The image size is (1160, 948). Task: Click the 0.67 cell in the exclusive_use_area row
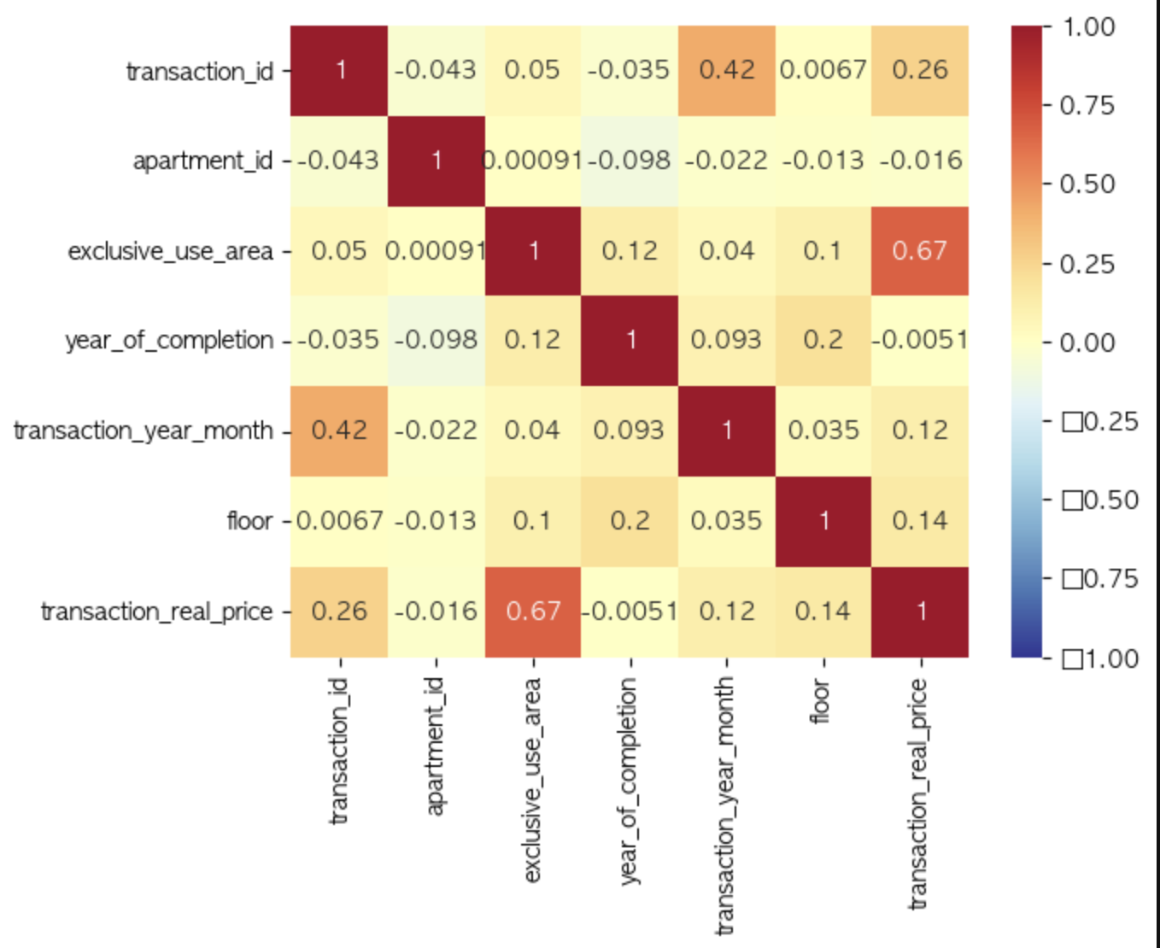click(x=920, y=250)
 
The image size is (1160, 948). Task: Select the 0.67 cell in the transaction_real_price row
click(x=533, y=612)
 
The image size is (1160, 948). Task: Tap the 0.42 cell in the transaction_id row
click(x=727, y=70)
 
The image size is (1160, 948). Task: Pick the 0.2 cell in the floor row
click(x=630, y=521)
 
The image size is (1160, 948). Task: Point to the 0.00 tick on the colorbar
click(x=1087, y=343)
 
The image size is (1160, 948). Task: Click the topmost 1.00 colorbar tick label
click(x=1088, y=27)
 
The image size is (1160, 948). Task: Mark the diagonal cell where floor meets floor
click(x=823, y=521)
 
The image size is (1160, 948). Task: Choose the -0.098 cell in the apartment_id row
click(x=630, y=161)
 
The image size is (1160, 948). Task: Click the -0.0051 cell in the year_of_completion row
click(x=920, y=340)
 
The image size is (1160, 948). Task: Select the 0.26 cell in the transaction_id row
click(x=920, y=70)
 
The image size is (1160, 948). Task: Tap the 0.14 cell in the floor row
click(x=920, y=521)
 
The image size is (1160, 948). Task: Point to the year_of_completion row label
click(x=169, y=341)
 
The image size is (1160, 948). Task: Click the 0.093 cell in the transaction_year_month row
click(x=630, y=430)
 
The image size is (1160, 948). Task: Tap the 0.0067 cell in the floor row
click(x=339, y=521)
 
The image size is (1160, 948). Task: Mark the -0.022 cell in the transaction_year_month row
click(x=436, y=430)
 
